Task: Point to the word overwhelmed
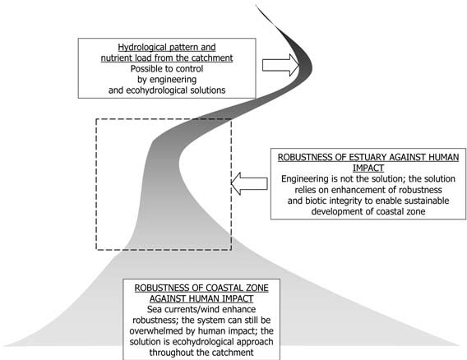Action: pyautogui.click(x=159, y=332)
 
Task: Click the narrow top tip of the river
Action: pyautogui.click(x=258, y=7)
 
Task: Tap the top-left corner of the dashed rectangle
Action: pyautogui.click(x=96, y=119)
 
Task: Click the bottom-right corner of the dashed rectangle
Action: pyautogui.click(x=233, y=249)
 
